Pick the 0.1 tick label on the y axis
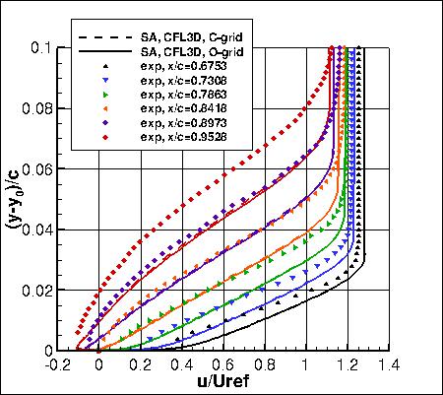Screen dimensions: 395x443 pyautogui.click(x=56, y=46)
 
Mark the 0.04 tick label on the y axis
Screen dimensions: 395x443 pyautogui.click(x=52, y=229)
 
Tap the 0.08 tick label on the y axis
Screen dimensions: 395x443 pyautogui.click(x=52, y=107)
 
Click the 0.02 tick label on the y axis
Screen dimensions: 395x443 pyautogui.click(x=52, y=290)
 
